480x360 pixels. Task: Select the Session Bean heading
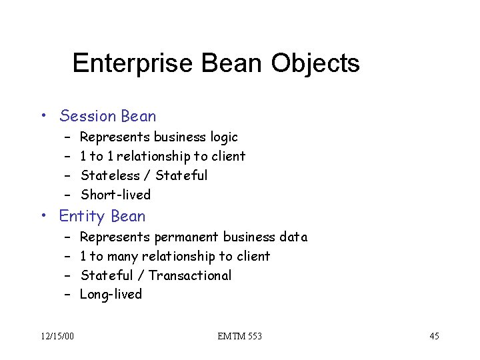point(107,116)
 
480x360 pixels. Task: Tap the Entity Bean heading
point(102,216)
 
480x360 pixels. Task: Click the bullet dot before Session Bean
point(43,117)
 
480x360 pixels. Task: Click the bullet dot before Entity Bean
point(43,217)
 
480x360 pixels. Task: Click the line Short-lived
point(115,195)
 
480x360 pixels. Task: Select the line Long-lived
point(111,295)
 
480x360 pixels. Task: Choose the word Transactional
point(190,275)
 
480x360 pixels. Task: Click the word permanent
point(187,237)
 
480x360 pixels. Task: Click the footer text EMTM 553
point(239,336)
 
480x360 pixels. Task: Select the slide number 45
point(433,336)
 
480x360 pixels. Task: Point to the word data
point(294,237)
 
